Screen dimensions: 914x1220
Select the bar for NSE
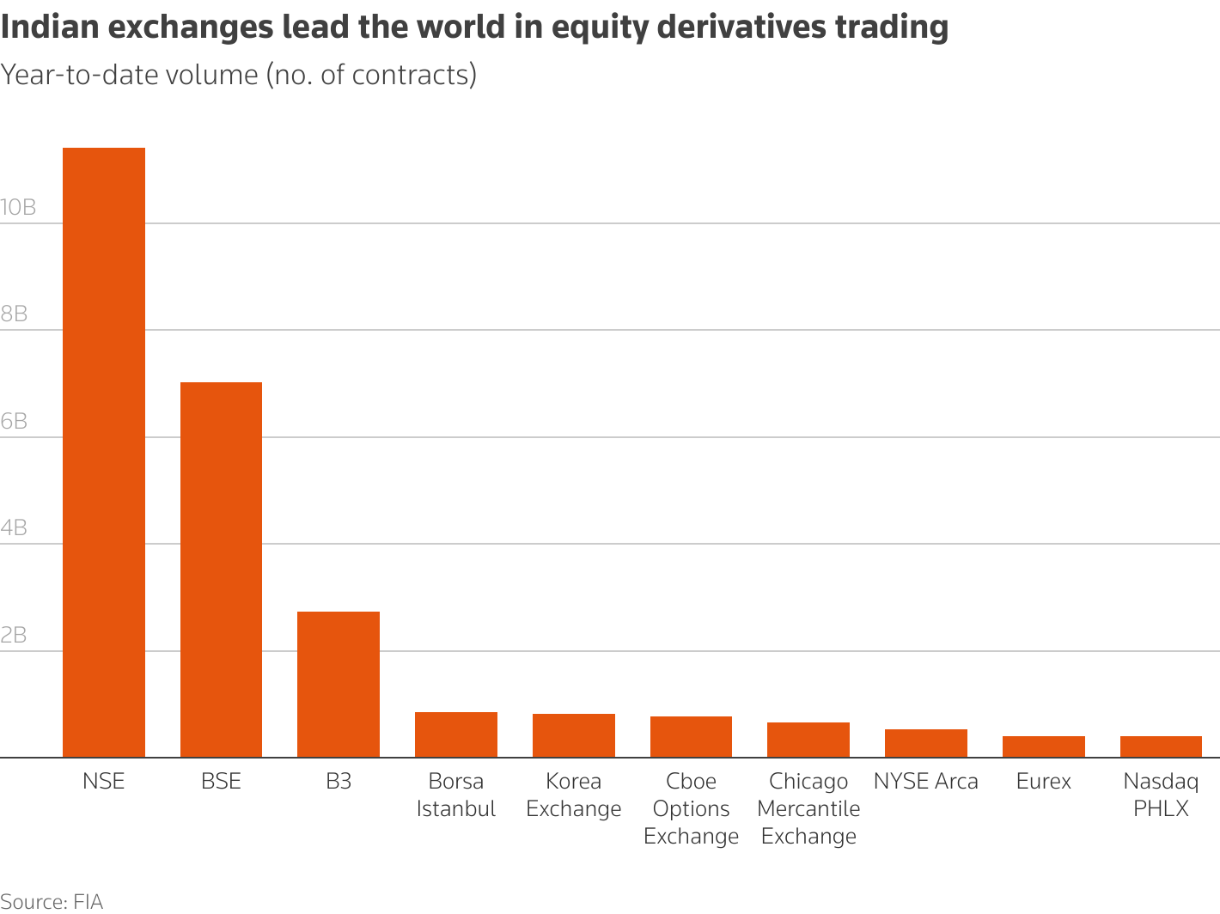[x=104, y=453]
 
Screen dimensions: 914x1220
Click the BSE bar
[x=221, y=570]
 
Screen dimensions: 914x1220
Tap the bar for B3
[x=339, y=685]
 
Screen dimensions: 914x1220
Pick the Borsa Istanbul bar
[x=456, y=734]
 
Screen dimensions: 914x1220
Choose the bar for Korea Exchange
[x=574, y=735]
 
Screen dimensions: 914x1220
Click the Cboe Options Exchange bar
[x=691, y=737]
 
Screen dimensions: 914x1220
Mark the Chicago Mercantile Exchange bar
[x=808, y=740]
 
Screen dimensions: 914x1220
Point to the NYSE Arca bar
[x=926, y=743]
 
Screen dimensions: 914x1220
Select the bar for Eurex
[x=1044, y=746]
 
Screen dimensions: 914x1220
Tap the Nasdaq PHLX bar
[x=1161, y=746]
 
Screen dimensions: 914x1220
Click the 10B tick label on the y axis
[x=18, y=208]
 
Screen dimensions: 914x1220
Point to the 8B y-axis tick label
[x=15, y=314]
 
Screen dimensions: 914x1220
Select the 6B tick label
[x=15, y=422]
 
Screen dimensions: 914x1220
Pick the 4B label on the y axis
[x=15, y=528]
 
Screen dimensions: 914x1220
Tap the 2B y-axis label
[x=15, y=636]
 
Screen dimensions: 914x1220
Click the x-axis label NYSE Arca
[x=926, y=782]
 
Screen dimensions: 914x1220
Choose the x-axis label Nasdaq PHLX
[x=1161, y=795]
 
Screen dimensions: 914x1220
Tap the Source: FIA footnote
[x=52, y=902]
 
